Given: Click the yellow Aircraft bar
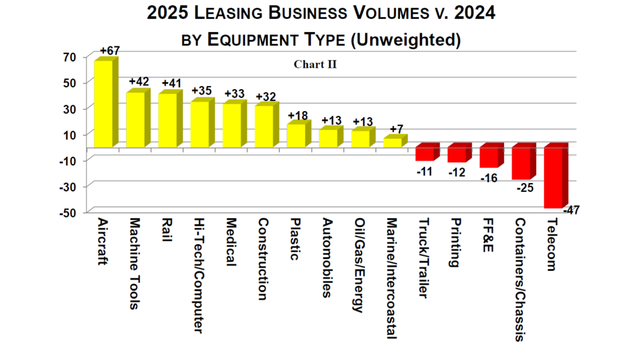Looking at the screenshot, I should tap(103, 103).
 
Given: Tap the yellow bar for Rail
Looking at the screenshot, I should tap(167, 120).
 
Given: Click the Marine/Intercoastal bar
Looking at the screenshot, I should tap(392, 142).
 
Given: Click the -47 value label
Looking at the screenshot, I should tap(571, 210).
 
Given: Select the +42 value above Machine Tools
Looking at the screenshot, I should tap(140, 82).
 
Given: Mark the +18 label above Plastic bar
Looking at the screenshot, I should tap(298, 116).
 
